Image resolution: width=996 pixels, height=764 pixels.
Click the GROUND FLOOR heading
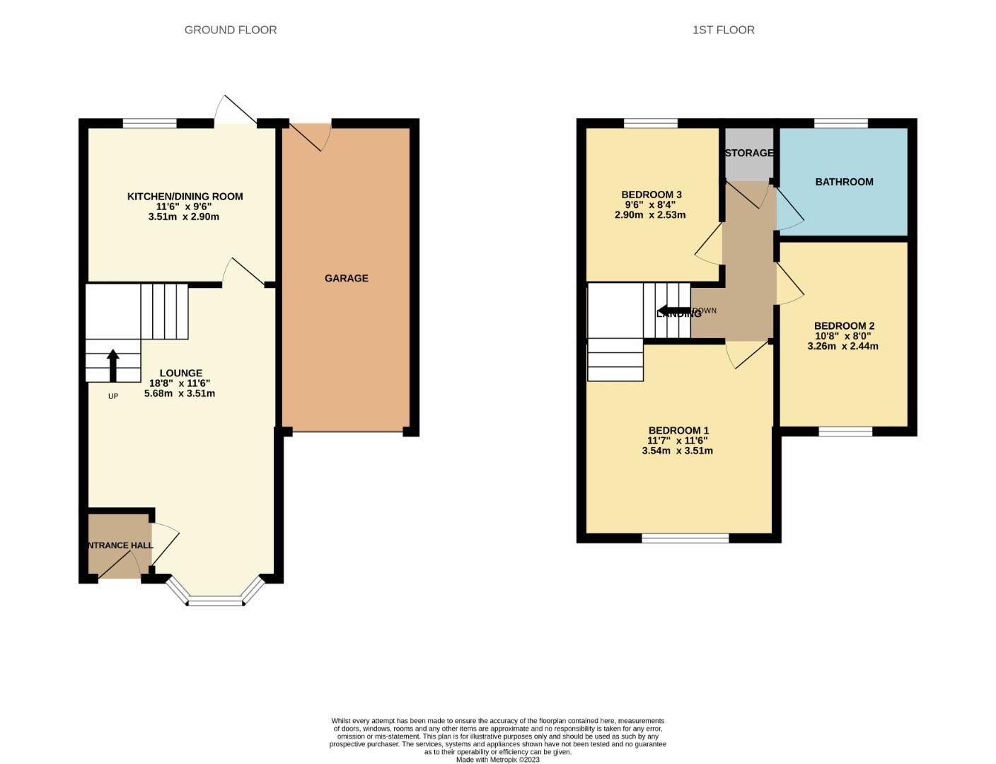click(x=230, y=30)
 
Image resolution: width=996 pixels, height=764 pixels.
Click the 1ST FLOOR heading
click(x=723, y=30)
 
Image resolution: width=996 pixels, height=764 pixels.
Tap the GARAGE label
click(x=346, y=278)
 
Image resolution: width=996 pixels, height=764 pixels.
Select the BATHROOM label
click(x=844, y=182)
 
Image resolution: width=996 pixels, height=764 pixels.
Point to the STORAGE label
click(x=748, y=153)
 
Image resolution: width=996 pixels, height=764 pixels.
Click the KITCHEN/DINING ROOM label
click(x=185, y=196)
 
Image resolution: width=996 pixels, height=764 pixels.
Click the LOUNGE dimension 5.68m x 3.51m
click(x=180, y=393)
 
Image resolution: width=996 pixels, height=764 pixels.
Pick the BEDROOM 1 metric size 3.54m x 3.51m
click(x=677, y=451)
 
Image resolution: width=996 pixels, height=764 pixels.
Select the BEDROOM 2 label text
click(x=844, y=326)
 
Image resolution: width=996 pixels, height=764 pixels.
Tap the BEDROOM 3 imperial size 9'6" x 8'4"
click(x=651, y=205)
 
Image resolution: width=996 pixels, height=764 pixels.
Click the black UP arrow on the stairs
click(x=112, y=365)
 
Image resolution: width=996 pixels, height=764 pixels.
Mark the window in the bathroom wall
click(x=840, y=124)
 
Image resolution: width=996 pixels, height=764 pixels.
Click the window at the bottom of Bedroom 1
click(x=685, y=538)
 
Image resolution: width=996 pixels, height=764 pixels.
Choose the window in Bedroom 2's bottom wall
click(x=845, y=432)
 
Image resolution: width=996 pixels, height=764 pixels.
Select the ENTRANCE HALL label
click(x=118, y=545)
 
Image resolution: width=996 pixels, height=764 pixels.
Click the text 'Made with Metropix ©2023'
click(x=497, y=760)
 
